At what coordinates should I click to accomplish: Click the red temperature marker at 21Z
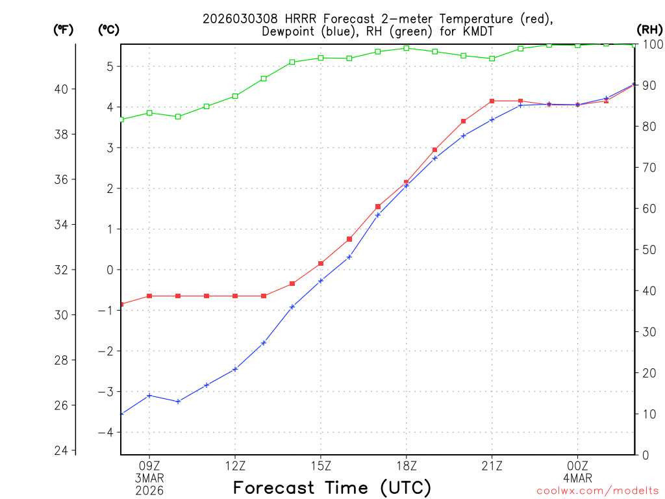coord(492,101)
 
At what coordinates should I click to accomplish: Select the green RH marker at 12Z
coord(235,96)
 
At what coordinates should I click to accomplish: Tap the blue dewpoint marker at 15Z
coord(321,281)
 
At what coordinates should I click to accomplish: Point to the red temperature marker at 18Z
coord(407,183)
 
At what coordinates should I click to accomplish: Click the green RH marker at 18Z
coord(407,48)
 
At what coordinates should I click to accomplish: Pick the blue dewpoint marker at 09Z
coord(149,395)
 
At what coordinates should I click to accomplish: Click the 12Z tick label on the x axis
coord(235,465)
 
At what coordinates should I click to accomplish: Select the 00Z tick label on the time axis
coord(577,465)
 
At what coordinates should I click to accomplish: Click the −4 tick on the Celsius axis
coord(106,433)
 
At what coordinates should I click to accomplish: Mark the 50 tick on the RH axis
coord(649,249)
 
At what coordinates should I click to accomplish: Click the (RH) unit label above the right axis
coord(649,29)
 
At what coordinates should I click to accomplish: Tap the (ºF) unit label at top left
coord(63,29)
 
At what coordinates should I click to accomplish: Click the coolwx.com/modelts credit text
coord(597,491)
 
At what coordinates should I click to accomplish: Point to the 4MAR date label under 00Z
coord(577,478)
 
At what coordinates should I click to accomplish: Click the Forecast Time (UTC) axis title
coord(332,487)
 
